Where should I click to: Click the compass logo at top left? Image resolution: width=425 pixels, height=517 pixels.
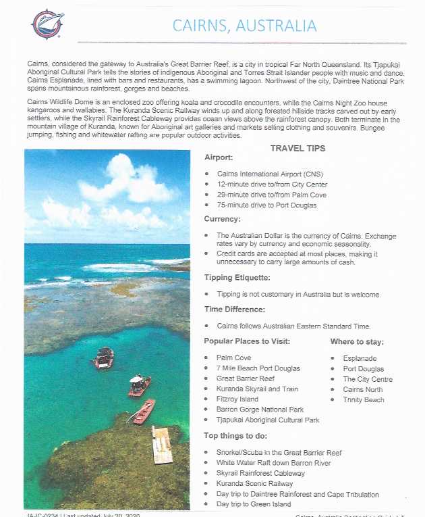[47, 24]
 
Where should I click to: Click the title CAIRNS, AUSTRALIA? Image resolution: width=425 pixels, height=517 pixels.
[244, 26]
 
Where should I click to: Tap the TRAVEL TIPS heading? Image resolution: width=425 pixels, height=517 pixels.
[297, 148]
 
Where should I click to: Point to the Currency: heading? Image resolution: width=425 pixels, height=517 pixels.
[223, 219]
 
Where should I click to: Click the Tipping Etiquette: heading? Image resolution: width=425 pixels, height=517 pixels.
[237, 278]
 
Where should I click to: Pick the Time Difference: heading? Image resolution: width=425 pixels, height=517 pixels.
[235, 309]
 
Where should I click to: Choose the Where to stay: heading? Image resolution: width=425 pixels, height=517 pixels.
[358, 341]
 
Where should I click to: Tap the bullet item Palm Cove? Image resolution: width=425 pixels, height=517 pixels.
[233, 358]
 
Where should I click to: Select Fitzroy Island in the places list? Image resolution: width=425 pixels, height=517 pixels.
[237, 399]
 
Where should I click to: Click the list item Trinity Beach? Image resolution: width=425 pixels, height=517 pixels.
[363, 399]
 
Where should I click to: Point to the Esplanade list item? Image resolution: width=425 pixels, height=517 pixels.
[360, 358]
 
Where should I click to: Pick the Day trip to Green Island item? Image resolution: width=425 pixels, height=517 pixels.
[253, 504]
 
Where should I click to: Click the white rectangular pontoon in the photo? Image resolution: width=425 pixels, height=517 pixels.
[162, 444]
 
